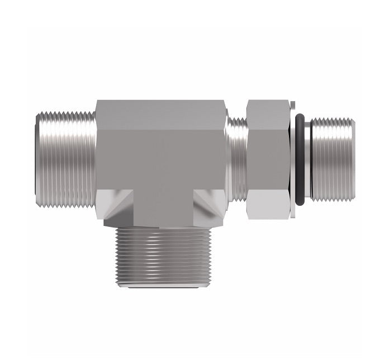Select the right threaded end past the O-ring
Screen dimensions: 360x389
(x=331, y=159)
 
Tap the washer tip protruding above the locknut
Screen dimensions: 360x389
(x=292, y=103)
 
